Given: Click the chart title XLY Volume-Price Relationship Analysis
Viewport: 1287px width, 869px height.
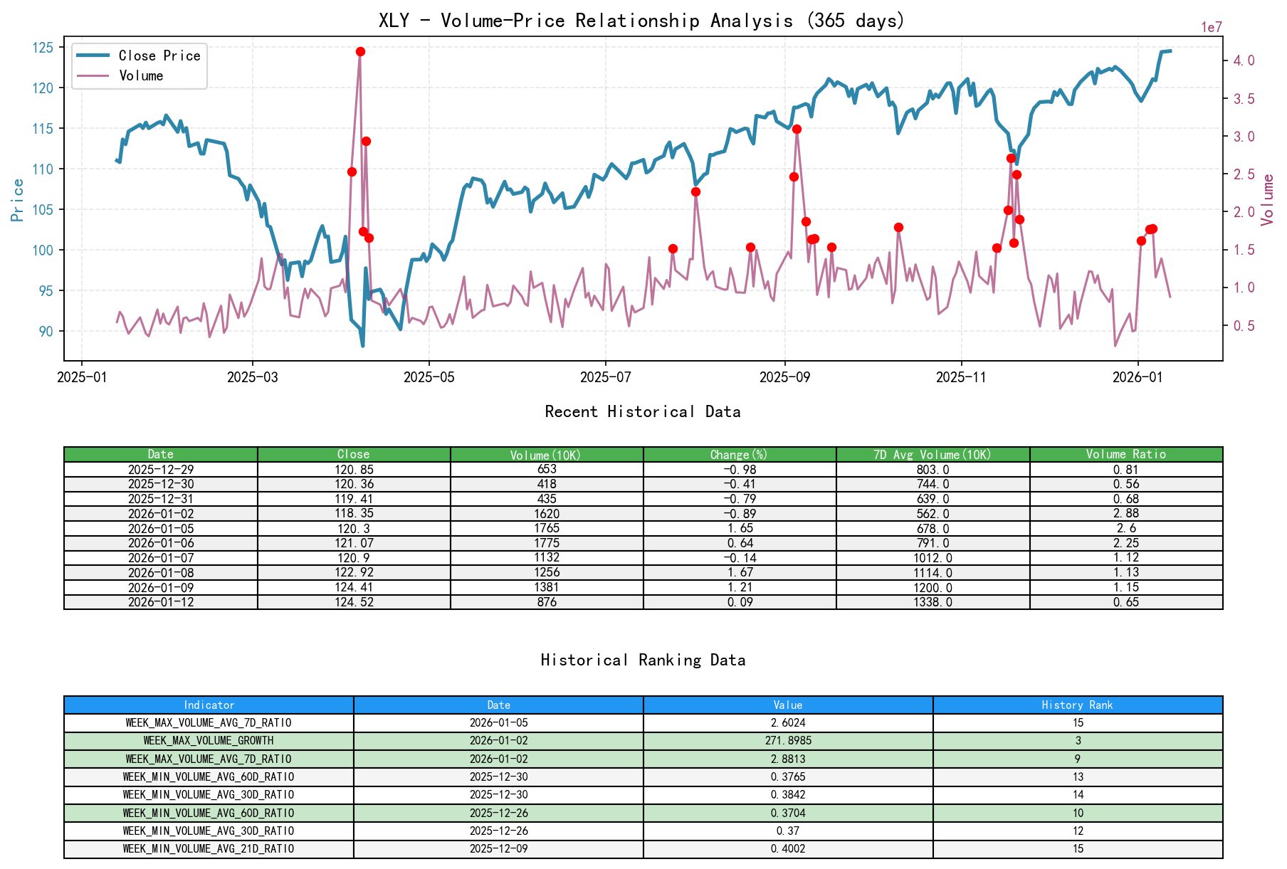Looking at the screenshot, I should (x=641, y=21).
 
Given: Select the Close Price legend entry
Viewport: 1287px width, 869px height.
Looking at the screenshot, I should (x=159, y=56).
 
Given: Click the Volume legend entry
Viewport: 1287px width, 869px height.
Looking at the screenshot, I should (x=141, y=75).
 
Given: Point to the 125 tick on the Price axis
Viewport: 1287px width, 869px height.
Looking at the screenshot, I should (x=43, y=48).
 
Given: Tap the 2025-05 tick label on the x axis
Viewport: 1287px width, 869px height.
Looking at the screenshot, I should (x=429, y=377).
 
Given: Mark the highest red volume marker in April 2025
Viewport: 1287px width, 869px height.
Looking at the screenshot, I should (x=360, y=52).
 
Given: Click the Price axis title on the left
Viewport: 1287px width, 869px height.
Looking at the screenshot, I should (x=18, y=200).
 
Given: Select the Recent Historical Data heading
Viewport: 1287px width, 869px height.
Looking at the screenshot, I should (x=642, y=412).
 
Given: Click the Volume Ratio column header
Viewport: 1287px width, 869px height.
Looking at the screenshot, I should (x=1125, y=454).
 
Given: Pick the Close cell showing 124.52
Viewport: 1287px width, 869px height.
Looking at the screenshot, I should (x=354, y=602).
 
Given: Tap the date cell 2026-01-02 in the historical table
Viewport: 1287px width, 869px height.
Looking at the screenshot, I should (x=161, y=514).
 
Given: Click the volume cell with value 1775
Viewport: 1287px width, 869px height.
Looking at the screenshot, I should (x=547, y=543).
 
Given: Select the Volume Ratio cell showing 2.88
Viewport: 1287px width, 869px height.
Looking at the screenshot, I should (x=1125, y=514).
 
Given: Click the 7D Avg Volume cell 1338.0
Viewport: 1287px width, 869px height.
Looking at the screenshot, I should (x=933, y=602).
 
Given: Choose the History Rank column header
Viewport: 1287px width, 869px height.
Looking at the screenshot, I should (x=1077, y=705).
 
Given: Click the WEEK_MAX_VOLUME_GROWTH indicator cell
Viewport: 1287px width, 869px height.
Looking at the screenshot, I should (x=209, y=741).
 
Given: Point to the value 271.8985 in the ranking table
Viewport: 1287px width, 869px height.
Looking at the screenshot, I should (x=788, y=741).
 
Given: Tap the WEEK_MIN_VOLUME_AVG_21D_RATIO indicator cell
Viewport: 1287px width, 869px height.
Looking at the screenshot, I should (x=209, y=849).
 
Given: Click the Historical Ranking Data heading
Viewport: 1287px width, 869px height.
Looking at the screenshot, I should (x=642, y=660).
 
